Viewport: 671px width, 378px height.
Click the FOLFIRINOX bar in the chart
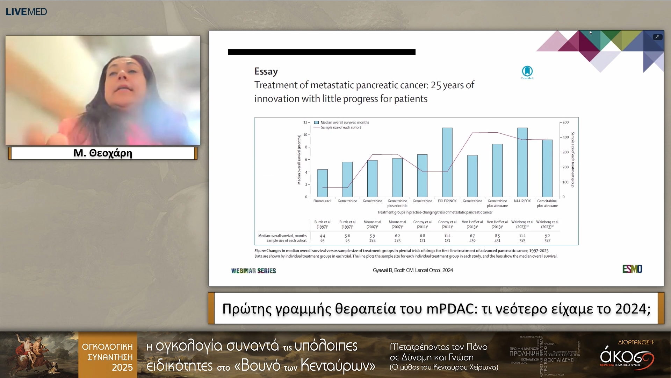(447, 162)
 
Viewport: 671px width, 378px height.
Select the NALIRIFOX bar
(522, 162)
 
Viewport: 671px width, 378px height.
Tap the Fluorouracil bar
(322, 183)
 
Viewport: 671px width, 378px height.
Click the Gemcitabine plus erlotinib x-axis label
(397, 203)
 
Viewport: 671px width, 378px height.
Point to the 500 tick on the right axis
(565, 122)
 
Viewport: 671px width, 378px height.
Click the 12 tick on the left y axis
(305, 122)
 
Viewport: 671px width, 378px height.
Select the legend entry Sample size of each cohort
(341, 128)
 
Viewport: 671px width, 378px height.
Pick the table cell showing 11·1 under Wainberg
(522, 236)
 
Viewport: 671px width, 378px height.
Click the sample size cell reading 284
(372, 241)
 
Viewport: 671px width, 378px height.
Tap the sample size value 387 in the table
(547, 241)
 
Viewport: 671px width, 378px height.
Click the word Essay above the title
(266, 71)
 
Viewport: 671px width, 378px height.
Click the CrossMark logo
(527, 72)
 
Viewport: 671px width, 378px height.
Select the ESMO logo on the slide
(632, 269)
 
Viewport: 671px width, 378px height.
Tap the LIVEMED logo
(26, 12)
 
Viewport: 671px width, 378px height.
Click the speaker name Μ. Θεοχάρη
(103, 153)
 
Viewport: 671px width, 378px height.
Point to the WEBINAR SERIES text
(253, 271)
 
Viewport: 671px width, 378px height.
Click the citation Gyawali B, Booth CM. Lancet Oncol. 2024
(413, 270)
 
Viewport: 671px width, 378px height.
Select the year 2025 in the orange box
(122, 367)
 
